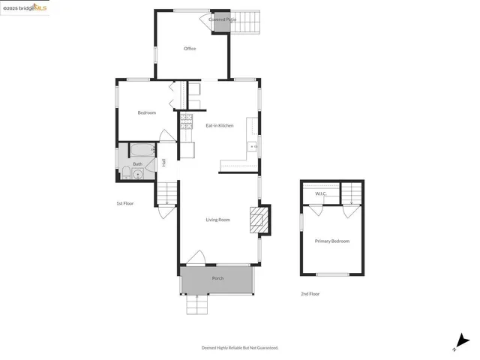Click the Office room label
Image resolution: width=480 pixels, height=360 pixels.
[x=190, y=49]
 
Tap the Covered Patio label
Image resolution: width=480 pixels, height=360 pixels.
[x=223, y=19]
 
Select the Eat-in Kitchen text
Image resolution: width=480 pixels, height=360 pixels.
[x=220, y=125]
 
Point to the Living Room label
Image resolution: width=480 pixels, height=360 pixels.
[x=218, y=220]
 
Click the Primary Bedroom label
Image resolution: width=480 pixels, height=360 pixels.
[x=331, y=241]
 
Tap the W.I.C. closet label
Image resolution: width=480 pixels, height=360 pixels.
[x=320, y=193]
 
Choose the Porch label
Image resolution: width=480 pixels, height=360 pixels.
[x=217, y=278]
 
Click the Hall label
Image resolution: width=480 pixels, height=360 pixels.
[x=163, y=163]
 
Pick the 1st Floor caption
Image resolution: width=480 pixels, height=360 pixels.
[x=124, y=203]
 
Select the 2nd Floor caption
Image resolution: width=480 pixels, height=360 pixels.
[x=310, y=294]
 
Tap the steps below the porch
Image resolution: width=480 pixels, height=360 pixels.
[x=196, y=306]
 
